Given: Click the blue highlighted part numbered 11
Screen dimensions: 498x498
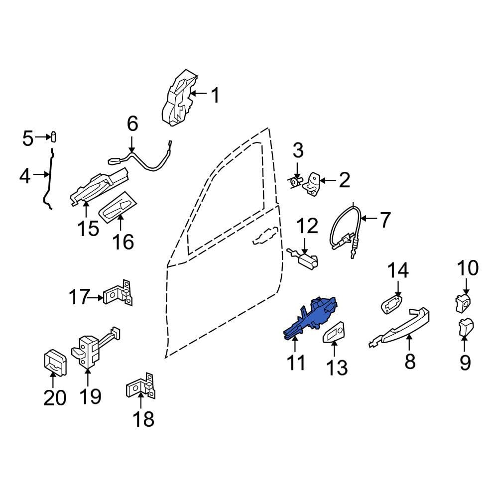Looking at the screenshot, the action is click(x=310, y=319).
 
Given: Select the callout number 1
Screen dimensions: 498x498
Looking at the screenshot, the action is click(x=215, y=95).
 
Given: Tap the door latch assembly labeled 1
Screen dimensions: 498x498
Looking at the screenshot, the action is click(x=179, y=98).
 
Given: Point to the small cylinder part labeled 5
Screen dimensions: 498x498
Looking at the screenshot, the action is click(x=54, y=137).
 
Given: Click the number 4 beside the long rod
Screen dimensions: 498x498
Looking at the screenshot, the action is click(x=25, y=176).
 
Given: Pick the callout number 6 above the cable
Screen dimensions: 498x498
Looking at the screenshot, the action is click(x=132, y=124).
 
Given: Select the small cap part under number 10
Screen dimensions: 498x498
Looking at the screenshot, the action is click(x=462, y=303).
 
